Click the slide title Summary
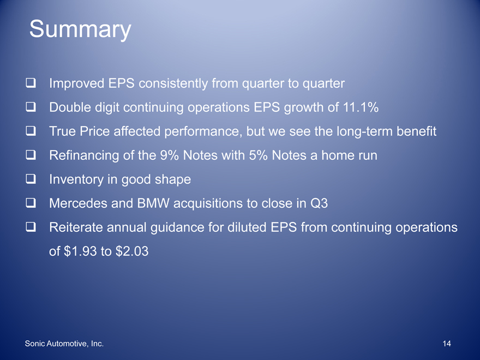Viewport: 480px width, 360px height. click(x=80, y=29)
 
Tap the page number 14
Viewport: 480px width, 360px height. click(x=447, y=344)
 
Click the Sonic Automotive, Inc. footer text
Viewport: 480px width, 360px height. click(x=64, y=344)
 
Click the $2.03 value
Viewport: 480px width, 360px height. click(x=132, y=251)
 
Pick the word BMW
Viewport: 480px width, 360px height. click(x=153, y=203)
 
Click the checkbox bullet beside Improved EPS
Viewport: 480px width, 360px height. click(x=31, y=83)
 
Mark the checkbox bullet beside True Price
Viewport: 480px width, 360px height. click(x=31, y=131)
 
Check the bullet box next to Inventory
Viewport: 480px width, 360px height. click(x=31, y=179)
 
